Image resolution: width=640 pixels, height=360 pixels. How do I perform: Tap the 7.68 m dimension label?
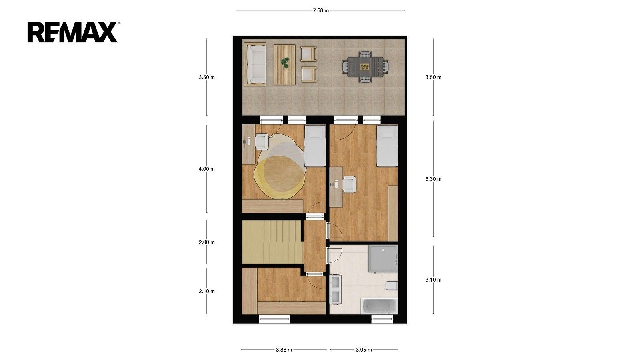pyautogui.click(x=321, y=10)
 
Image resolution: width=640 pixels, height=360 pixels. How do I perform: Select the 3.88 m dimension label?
pyautogui.click(x=284, y=350)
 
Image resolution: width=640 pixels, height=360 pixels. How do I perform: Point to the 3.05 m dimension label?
pyautogui.click(x=364, y=350)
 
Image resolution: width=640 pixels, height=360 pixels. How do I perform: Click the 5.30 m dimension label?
pyautogui.click(x=433, y=179)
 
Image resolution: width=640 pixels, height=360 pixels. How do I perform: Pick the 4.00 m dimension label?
pyautogui.click(x=206, y=169)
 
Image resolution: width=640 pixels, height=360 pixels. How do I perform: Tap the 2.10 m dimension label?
pyautogui.click(x=206, y=292)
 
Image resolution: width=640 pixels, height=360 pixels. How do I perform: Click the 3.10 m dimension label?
pyautogui.click(x=433, y=280)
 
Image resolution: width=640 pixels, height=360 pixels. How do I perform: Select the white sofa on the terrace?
pyautogui.click(x=255, y=64)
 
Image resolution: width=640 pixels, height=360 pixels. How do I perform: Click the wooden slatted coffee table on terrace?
pyautogui.click(x=284, y=65)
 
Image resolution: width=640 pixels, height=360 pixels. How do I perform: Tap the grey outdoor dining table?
pyautogui.click(x=366, y=67)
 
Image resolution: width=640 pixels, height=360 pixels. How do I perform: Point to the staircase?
pyautogui.click(x=272, y=242)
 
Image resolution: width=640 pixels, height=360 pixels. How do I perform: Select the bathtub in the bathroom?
pyautogui.click(x=380, y=306)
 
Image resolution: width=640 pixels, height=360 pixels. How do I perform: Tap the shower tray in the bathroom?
pyautogui.click(x=383, y=258)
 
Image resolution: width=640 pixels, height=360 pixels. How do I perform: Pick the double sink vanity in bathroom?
pyautogui.click(x=335, y=289)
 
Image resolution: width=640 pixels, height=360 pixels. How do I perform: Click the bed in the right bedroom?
pyautogui.click(x=387, y=146)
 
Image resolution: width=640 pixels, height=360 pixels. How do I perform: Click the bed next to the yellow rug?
pyautogui.click(x=315, y=146)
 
